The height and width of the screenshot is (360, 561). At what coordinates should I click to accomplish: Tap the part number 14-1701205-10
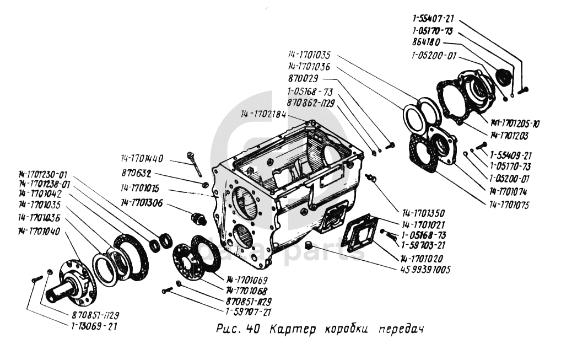click(x=510, y=124)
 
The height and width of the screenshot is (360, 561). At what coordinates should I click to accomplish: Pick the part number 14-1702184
click(x=263, y=114)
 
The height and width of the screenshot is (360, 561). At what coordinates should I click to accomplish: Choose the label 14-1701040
click(x=39, y=230)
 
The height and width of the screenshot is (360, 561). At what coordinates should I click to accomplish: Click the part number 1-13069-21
click(x=94, y=326)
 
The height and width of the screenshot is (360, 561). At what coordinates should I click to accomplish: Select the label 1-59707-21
click(x=248, y=312)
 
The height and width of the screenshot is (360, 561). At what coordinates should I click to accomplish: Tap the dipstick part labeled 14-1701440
click(x=196, y=163)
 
